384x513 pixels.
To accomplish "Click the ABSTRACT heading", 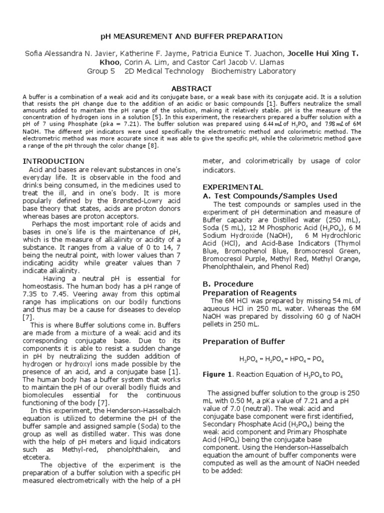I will [x=191, y=88].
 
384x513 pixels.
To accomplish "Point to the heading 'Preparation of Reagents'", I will [x=249, y=293].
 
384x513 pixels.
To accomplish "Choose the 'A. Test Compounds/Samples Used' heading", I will [x=269, y=195].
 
